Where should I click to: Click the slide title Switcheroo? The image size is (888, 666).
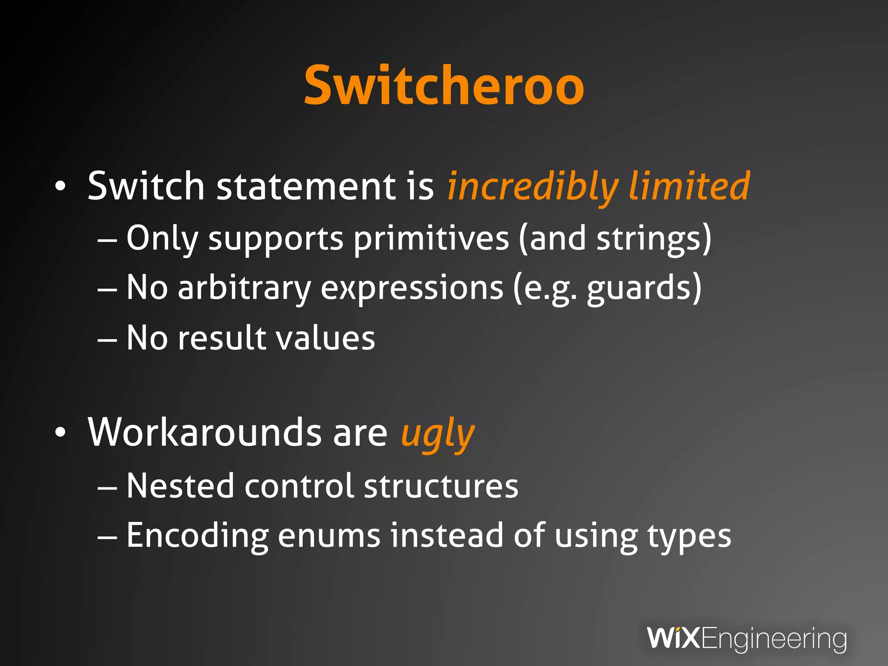pyautogui.click(x=444, y=85)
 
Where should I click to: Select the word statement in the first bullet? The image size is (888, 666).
pyautogui.click(x=306, y=186)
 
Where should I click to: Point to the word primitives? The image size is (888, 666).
pyautogui.click(x=431, y=238)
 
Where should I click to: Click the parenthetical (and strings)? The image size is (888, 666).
pyautogui.click(x=615, y=238)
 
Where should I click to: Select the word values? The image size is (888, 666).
pyautogui.click(x=326, y=338)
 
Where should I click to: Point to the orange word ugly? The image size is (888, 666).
pyautogui.click(x=437, y=434)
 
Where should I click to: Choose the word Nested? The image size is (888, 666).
pyautogui.click(x=180, y=486)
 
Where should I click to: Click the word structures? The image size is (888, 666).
pyautogui.click(x=441, y=486)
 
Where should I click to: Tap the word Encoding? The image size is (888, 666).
pyautogui.click(x=197, y=536)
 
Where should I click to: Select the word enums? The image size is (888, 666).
pyautogui.click(x=329, y=536)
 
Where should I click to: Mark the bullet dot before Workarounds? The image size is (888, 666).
pyautogui.click(x=60, y=432)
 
